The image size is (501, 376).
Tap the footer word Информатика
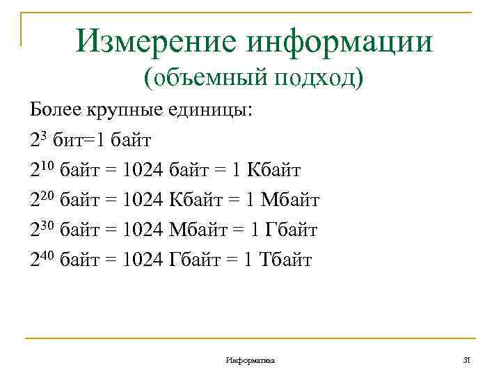tap(250, 360)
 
